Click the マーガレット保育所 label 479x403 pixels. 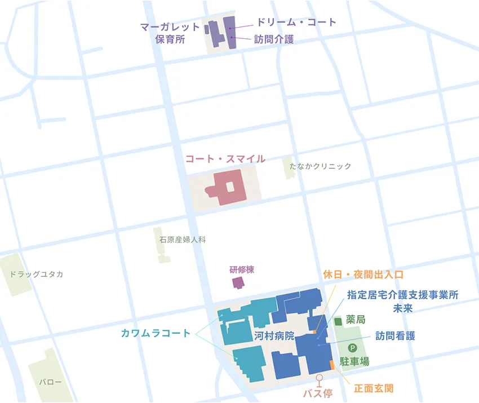coord(170,33)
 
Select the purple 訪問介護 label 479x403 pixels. coord(274,40)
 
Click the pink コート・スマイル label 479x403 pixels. coord(225,159)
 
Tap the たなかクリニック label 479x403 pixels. coord(320,166)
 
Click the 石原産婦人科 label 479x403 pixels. coord(183,240)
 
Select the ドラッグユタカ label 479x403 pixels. coord(37,274)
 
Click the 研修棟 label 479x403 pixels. coord(242,269)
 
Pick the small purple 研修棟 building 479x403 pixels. coord(239,282)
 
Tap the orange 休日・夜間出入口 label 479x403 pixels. coord(363,275)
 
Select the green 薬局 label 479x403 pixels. coord(357,320)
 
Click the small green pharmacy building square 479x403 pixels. coord(338,321)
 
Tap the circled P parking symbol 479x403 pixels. coord(353,348)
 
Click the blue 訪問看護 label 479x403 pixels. coord(396,335)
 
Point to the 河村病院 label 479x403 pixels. coord(274,336)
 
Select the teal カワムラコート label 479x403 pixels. coord(156,333)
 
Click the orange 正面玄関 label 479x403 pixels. coord(374,388)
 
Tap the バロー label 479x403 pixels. coord(50,382)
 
